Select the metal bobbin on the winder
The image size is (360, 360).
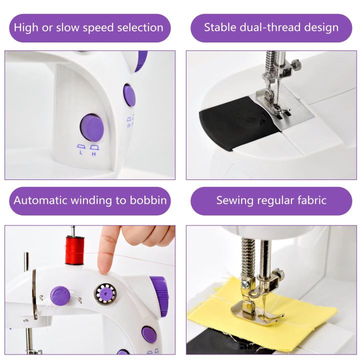pyautogui.click(x=106, y=293)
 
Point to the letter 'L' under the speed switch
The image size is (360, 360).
pyautogui.click(x=80, y=151)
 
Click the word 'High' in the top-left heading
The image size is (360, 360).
pyautogui.click(x=25, y=27)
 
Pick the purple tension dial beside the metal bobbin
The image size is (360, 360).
pyautogui.click(x=59, y=295)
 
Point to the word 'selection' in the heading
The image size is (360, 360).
pyautogui.click(x=138, y=27)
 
